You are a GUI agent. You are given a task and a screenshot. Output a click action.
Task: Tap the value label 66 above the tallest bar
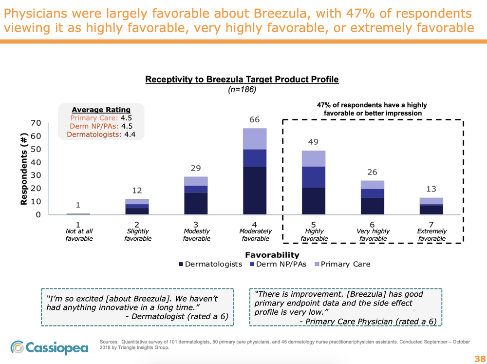pyautogui.click(x=255, y=120)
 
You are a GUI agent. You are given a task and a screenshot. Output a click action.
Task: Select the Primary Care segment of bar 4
pyautogui.click(x=255, y=139)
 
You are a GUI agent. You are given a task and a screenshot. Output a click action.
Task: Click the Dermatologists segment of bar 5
pyautogui.click(x=314, y=201)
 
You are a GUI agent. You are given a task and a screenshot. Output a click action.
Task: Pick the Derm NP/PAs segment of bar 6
pyautogui.click(x=373, y=193)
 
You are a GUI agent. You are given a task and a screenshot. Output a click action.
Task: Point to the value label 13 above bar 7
pyautogui.click(x=431, y=189)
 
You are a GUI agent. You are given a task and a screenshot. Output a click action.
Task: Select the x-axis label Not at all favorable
pyautogui.click(x=79, y=234)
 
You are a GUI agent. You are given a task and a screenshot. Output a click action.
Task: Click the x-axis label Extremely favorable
pyautogui.click(x=431, y=234)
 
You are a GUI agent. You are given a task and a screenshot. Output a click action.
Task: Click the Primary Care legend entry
pyautogui.click(x=342, y=264)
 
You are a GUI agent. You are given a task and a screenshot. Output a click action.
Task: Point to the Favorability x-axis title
pyautogui.click(x=272, y=254)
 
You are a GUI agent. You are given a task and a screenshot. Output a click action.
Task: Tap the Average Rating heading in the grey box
pyautogui.click(x=101, y=109)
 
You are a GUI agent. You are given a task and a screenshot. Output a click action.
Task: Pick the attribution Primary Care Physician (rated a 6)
pyautogui.click(x=368, y=321)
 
